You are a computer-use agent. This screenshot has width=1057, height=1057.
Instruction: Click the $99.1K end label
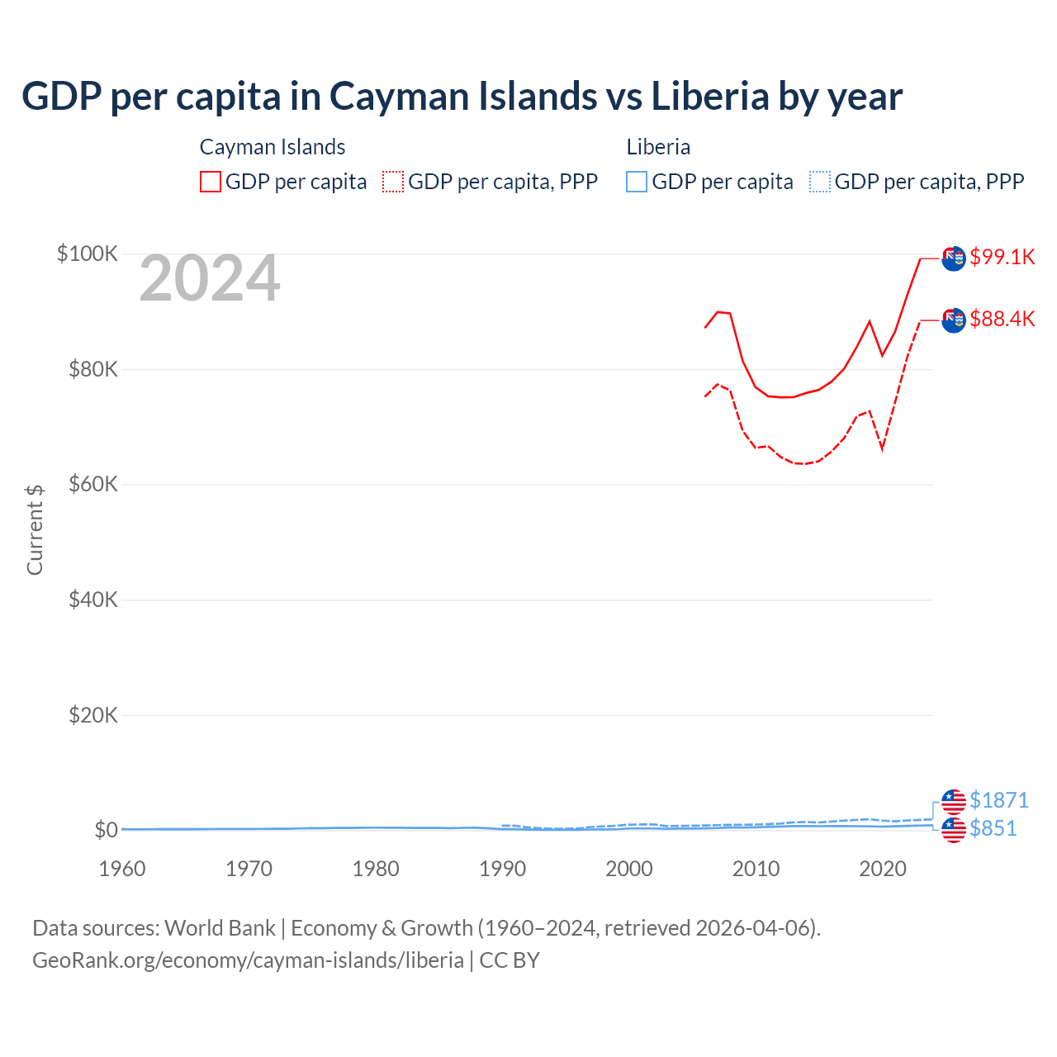pos(1002,257)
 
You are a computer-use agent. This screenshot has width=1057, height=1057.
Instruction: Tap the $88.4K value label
pos(1002,319)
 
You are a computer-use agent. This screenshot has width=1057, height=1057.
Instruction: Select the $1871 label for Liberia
pos(998,800)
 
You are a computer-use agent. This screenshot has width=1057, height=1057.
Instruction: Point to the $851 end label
pos(993,828)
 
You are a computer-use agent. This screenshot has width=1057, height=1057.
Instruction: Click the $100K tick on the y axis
pos(88,254)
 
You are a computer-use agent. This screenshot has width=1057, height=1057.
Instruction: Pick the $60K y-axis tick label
pos(92,484)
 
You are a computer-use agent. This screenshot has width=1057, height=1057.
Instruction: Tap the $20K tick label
pos(92,715)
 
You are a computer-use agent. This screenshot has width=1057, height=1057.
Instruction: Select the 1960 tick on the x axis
pos(122,869)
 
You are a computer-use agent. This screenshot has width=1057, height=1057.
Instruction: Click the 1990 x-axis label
pos(502,869)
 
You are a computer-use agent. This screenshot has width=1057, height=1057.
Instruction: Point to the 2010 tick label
pos(756,869)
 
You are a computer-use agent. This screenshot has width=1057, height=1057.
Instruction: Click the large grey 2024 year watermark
pos(210,278)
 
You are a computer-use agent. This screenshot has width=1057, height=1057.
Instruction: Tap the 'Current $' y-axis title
pos(35,530)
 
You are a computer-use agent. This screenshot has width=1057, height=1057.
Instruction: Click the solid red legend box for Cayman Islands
pos(211,182)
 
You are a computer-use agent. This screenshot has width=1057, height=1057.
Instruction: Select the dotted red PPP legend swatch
pos(393,182)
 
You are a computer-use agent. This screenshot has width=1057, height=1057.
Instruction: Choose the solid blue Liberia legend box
pos(637,182)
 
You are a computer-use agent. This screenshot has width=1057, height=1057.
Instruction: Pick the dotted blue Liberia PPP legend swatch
pos(820,182)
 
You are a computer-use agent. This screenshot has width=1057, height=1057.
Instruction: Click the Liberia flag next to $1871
pos(954,801)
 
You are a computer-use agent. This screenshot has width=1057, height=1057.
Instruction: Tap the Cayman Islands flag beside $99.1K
pos(954,258)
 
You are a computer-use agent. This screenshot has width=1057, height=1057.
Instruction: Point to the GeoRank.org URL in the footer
pos(248,960)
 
